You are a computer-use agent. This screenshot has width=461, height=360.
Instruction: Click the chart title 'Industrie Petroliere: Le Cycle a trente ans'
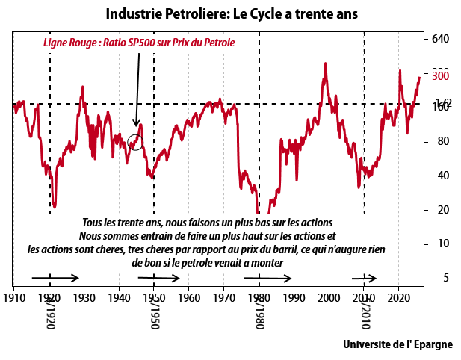point(231,13)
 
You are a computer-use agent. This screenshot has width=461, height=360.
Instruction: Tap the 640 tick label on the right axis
point(440,39)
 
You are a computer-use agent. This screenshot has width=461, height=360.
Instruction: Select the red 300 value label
point(440,75)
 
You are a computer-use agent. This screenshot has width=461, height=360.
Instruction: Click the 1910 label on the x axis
point(14,297)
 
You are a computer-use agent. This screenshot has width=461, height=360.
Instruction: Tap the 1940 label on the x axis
point(120,297)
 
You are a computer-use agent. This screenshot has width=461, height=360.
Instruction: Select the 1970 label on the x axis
point(224,297)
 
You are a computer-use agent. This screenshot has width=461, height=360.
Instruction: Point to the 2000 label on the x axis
point(329,297)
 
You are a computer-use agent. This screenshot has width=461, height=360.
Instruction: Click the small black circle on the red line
point(134,141)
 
